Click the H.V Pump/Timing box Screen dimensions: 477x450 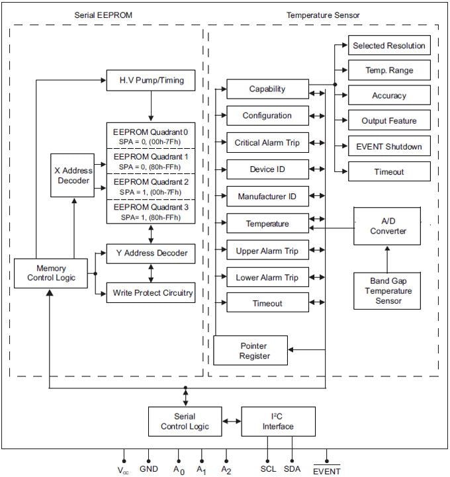152,81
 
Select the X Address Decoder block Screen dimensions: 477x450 73,175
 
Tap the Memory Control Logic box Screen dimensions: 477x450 51,273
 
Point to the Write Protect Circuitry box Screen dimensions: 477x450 152,292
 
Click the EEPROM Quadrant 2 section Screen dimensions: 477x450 152,186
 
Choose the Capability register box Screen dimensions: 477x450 267,89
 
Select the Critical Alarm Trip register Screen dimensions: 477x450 267,142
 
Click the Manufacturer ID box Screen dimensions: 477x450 267,196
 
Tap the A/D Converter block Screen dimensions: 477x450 388,225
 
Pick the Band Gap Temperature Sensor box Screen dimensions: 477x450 388,290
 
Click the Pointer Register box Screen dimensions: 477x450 250,350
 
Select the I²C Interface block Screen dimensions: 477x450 277,421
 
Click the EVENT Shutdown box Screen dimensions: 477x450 389,146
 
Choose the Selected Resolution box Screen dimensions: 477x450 389,46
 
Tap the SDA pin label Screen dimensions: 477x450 292,469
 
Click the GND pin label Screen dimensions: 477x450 150,469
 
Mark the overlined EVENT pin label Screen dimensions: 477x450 326,471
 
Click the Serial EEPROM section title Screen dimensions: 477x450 105,15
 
